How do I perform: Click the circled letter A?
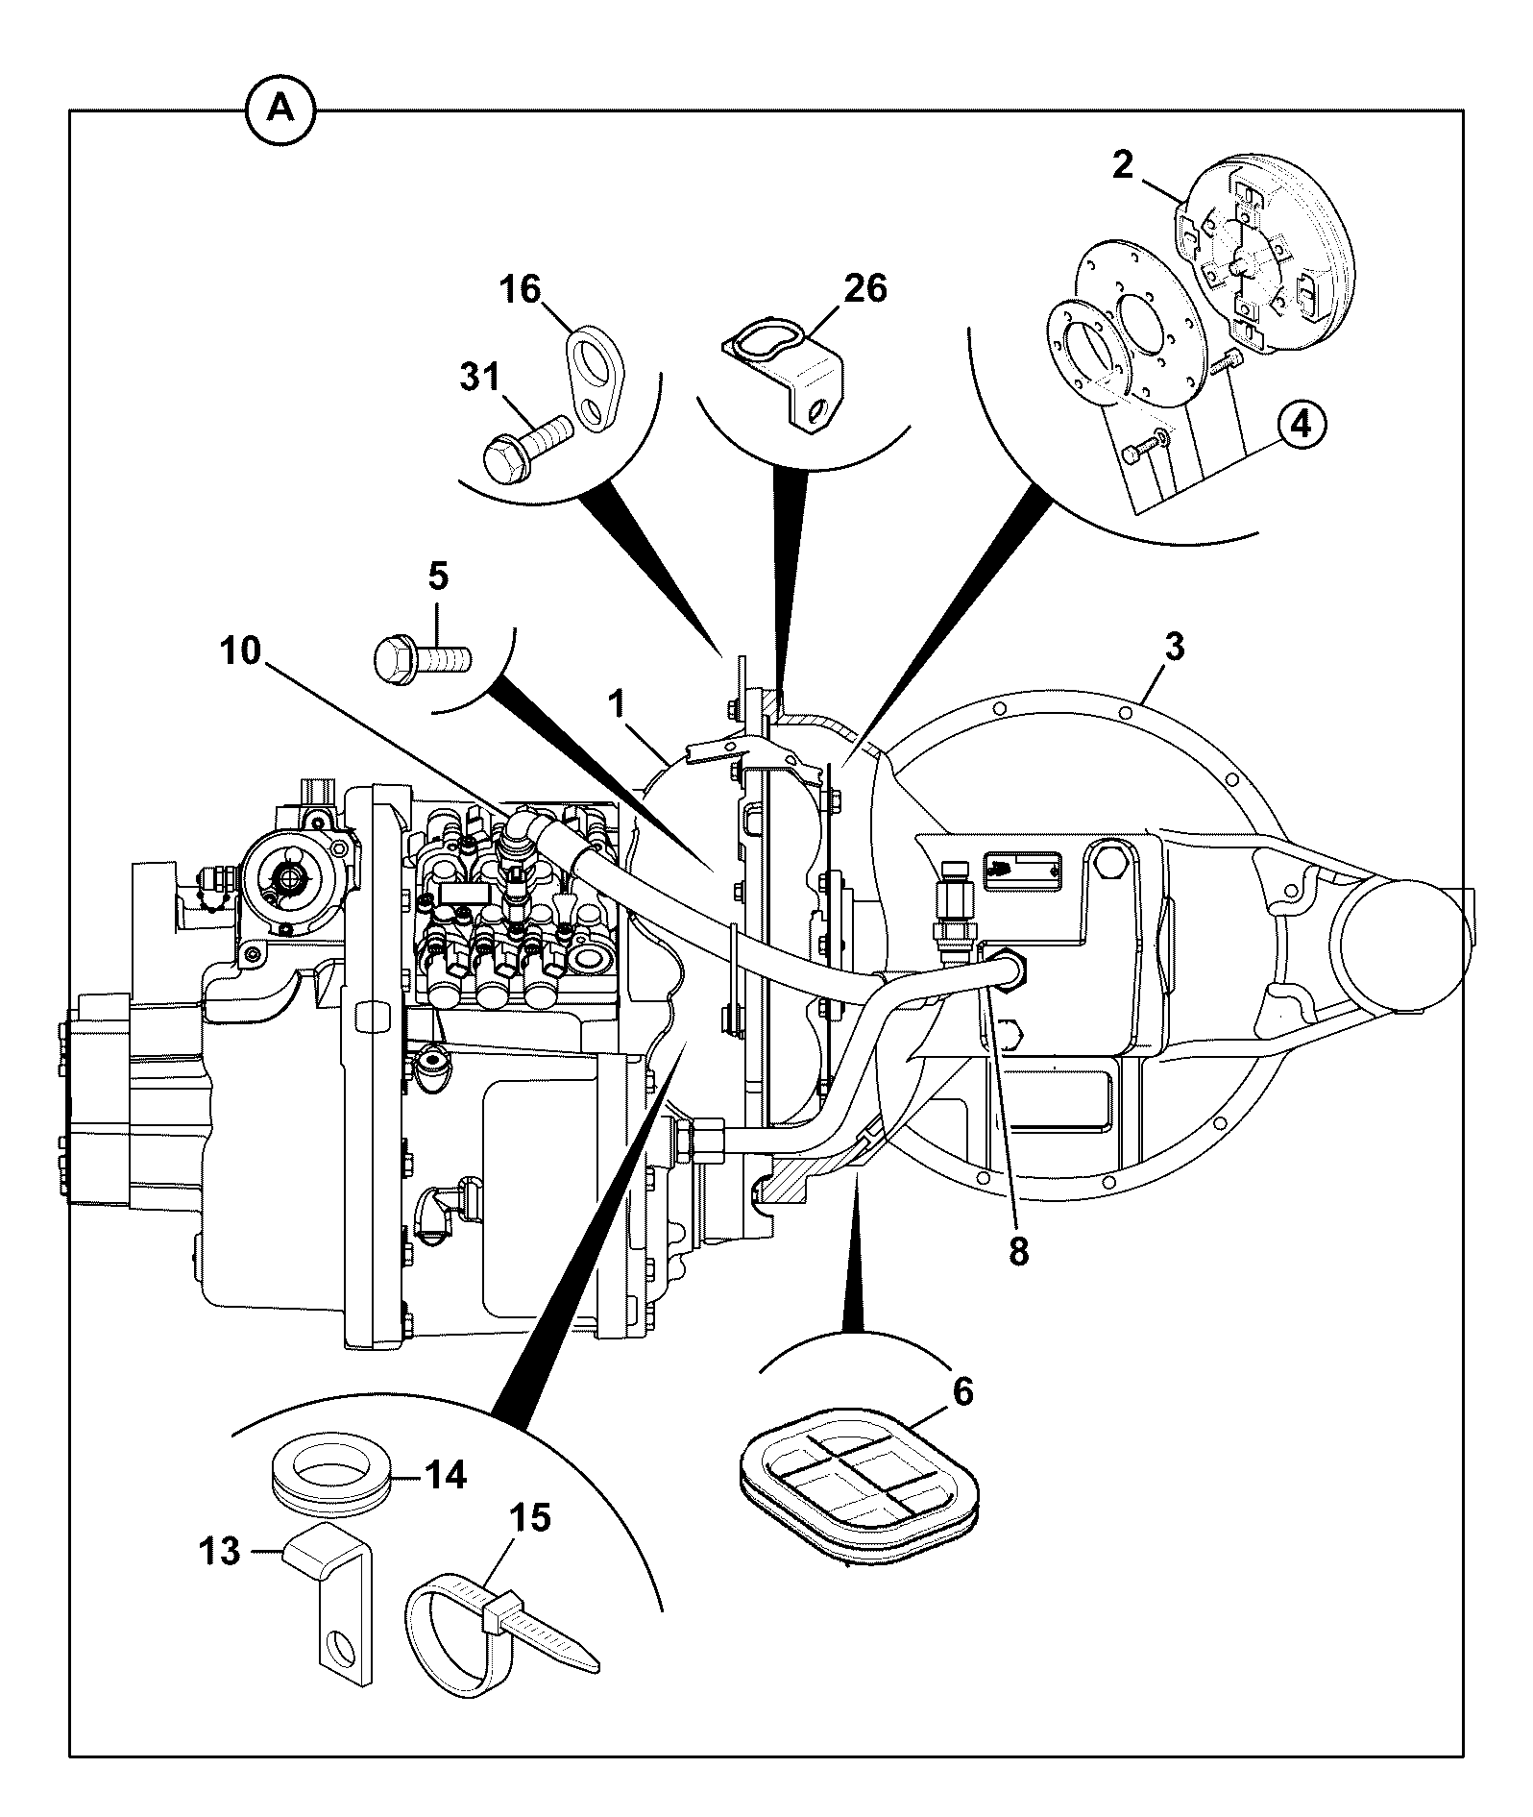[280, 110]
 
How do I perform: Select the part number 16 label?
[521, 289]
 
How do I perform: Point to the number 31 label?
[479, 378]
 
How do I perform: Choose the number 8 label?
[1018, 1251]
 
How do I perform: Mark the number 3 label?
[1175, 647]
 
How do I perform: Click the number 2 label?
[1124, 164]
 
